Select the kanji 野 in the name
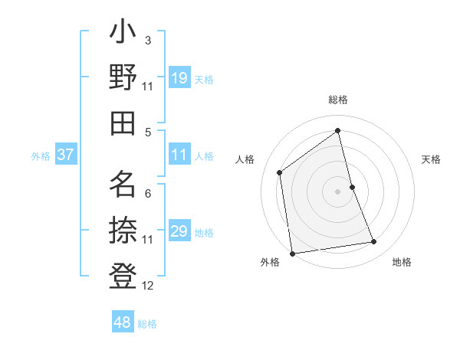[123, 79]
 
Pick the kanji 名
[123, 184]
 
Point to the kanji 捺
[123, 227]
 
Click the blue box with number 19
[179, 78]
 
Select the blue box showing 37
[66, 155]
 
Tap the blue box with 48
[123, 322]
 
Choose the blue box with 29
[179, 231]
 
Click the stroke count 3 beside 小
[147, 40]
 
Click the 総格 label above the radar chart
[338, 100]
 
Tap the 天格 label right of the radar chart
[432, 159]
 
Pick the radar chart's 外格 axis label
[270, 262]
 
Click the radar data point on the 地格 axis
[374, 242]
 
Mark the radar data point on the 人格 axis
[280, 172]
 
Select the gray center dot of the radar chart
[337, 191]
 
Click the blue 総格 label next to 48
[147, 324]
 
